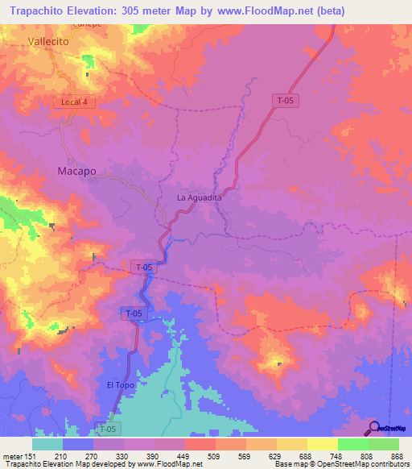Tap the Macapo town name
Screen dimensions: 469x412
[x=76, y=172]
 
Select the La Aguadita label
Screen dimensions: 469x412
[x=199, y=197]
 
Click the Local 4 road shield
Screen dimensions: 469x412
[x=74, y=102]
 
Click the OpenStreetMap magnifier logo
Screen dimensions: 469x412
[x=375, y=427]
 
